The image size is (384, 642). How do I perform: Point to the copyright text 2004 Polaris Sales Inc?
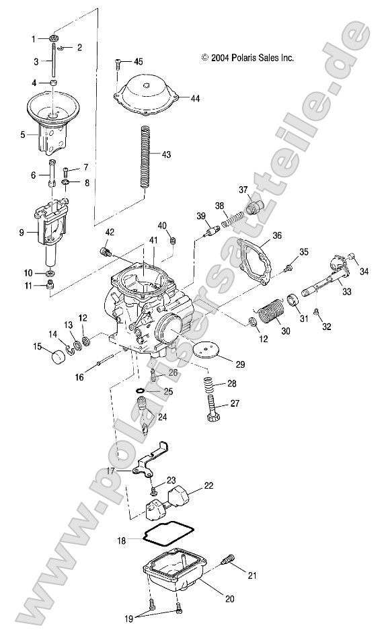pyautogui.click(x=247, y=58)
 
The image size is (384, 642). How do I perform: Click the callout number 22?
pyautogui.click(x=209, y=485)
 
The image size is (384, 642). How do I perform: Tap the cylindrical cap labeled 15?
pyautogui.click(x=48, y=352)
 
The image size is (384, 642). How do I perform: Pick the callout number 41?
pyautogui.click(x=153, y=240)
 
